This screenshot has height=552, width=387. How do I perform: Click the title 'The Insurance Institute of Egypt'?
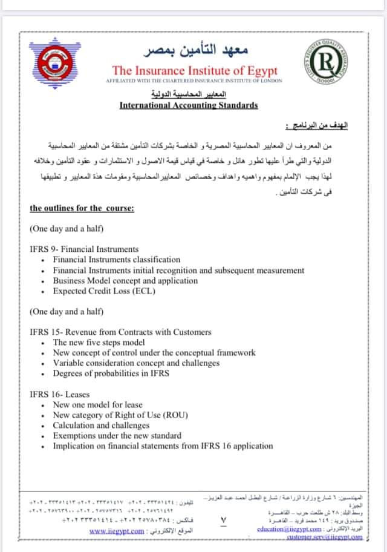pyautogui.click(x=195, y=70)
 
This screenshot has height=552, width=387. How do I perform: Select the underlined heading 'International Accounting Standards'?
pyautogui.click(x=189, y=105)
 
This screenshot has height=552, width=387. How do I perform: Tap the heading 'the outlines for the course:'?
pyautogui.click(x=82, y=208)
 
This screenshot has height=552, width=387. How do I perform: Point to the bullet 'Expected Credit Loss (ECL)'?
pyautogui.click(x=104, y=291)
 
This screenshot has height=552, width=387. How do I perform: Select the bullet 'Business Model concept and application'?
pyautogui.click(x=126, y=280)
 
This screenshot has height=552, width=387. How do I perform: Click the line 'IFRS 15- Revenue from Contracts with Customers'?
pyautogui.click(x=120, y=332)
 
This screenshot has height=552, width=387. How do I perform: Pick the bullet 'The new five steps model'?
pyautogui.click(x=99, y=342)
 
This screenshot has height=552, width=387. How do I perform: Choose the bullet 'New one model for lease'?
pyautogui.click(x=97, y=404)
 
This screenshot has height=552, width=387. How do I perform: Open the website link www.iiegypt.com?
pyautogui.click(x=117, y=531)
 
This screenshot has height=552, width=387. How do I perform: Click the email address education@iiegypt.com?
pyautogui.click(x=287, y=528)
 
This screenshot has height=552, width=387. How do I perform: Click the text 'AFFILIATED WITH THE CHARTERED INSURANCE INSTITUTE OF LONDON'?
pyautogui.click(x=193, y=81)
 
